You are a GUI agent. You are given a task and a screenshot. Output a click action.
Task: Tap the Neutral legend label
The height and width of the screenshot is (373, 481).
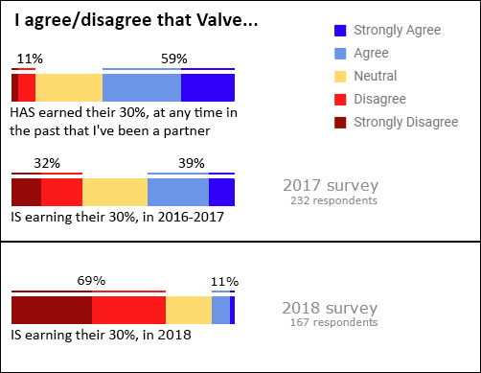point(376,76)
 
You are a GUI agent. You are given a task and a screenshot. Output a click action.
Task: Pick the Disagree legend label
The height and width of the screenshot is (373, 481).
point(379,99)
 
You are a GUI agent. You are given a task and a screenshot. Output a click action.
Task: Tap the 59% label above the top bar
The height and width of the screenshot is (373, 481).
point(173,59)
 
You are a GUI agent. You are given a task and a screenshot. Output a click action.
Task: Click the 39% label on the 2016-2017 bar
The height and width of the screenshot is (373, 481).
point(192,164)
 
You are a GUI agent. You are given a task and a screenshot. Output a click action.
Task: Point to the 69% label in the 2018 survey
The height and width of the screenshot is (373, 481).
point(90,281)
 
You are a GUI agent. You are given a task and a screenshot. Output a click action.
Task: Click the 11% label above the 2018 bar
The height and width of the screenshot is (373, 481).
point(224,281)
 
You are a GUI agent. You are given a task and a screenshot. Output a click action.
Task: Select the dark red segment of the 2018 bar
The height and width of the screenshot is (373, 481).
point(51,311)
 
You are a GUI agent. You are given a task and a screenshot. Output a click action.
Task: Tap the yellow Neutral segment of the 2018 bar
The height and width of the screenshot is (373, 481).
point(189,311)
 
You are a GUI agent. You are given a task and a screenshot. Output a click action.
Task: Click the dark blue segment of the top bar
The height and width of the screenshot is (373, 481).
point(208,87)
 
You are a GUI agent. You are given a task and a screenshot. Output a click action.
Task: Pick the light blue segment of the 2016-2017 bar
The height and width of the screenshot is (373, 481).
point(178,192)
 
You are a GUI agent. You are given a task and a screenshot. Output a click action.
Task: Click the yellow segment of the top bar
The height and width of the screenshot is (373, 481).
point(69,87)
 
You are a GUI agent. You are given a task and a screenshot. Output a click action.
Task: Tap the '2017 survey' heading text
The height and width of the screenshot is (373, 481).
point(331,185)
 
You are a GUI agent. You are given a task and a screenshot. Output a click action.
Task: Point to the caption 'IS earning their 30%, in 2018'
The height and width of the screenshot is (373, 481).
point(101,336)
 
